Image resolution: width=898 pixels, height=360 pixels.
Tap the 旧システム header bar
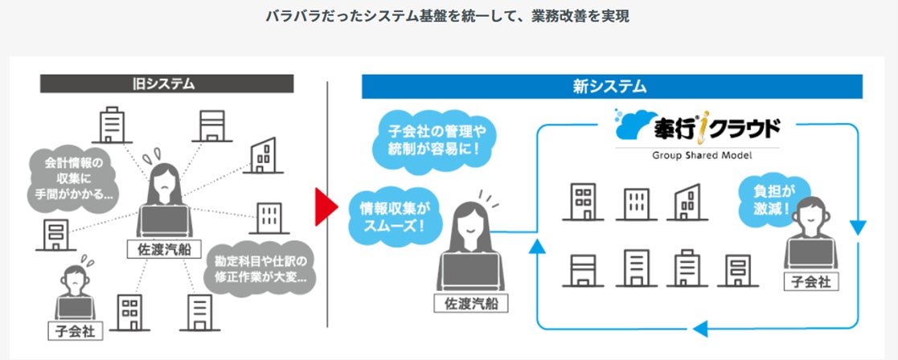point(166,84)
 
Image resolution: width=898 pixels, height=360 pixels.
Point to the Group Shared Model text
point(696,155)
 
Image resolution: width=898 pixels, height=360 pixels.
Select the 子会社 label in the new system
point(811,281)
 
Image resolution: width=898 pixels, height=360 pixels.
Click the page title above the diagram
point(449,16)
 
